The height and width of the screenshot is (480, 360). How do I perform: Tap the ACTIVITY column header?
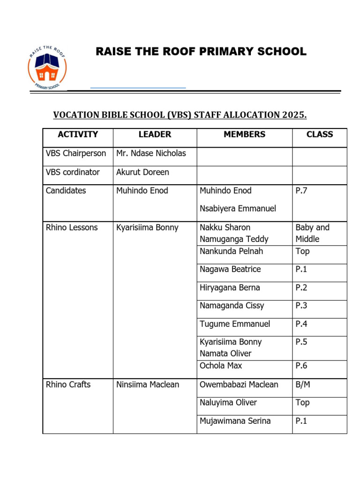78,135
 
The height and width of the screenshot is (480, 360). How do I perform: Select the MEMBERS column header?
244,135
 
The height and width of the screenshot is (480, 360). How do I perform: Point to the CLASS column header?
320,135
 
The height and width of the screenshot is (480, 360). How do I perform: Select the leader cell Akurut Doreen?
142,172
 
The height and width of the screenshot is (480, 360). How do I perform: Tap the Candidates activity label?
66,191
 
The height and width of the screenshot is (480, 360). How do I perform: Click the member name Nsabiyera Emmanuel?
238,209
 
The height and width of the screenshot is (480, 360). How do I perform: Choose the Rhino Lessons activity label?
72,228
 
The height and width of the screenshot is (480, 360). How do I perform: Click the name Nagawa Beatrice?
230,270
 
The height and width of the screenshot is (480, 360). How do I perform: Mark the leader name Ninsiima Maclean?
148,385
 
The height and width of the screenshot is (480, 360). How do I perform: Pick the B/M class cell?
303,385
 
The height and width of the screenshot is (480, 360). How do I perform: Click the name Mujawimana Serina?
235,421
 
